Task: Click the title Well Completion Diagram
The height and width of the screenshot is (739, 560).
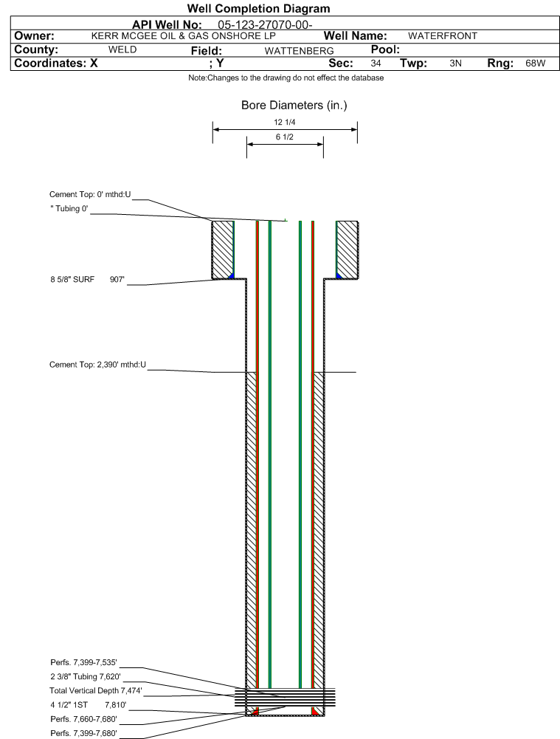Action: pyautogui.click(x=258, y=8)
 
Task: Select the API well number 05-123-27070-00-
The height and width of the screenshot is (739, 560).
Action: pyautogui.click(x=265, y=24)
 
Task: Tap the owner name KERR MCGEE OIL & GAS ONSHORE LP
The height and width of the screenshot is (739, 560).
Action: pyautogui.click(x=183, y=36)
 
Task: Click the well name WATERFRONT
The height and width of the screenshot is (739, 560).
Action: pyautogui.click(x=443, y=36)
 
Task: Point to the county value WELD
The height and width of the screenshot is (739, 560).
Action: pyautogui.click(x=122, y=49)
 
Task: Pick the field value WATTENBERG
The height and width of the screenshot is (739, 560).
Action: pyautogui.click(x=299, y=51)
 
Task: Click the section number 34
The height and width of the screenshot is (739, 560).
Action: pyautogui.click(x=376, y=63)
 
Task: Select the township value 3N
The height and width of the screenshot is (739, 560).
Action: pyautogui.click(x=455, y=63)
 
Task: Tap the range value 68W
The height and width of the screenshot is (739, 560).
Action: pyautogui.click(x=536, y=63)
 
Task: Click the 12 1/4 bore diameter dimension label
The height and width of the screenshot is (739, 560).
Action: pyautogui.click(x=285, y=122)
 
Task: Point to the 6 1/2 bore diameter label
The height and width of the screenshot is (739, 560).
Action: pyautogui.click(x=285, y=137)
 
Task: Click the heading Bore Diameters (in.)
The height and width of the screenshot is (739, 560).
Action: pyautogui.click(x=294, y=105)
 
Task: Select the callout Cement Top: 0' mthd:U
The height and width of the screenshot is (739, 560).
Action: pyautogui.click(x=90, y=194)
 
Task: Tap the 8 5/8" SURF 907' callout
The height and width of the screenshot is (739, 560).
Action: pyautogui.click(x=88, y=279)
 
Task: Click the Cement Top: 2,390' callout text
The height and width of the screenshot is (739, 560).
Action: pyautogui.click(x=97, y=364)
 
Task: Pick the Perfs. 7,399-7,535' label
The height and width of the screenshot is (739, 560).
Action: pyautogui.click(x=83, y=662)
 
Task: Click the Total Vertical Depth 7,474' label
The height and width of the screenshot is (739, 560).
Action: pyautogui.click(x=96, y=690)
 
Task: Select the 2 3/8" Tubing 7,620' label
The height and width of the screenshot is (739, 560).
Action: pyautogui.click(x=86, y=676)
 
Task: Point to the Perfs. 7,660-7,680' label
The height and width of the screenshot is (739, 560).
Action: pyautogui.click(x=83, y=719)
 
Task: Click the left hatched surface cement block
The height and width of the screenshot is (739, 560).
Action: pyautogui.click(x=222, y=250)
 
